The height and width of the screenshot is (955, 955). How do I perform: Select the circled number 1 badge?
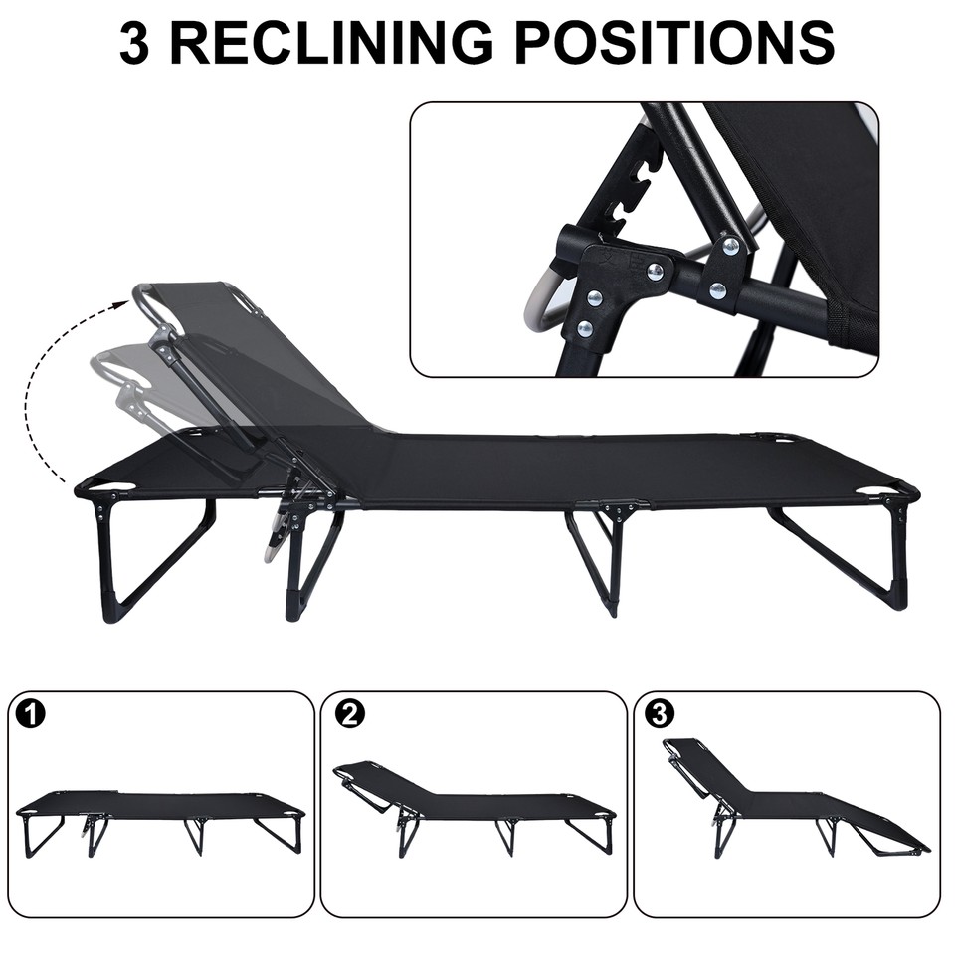click(32, 714)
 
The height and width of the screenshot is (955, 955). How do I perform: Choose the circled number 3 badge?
click(659, 714)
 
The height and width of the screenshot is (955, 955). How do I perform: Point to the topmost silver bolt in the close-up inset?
click(731, 245)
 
